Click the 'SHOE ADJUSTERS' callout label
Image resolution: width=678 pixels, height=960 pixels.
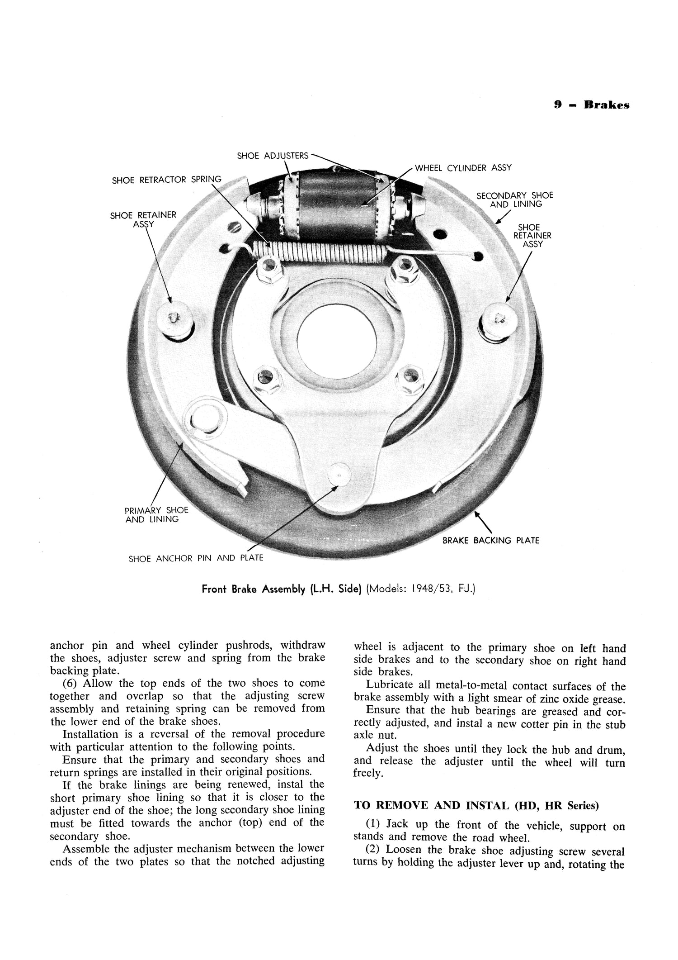coord(273,156)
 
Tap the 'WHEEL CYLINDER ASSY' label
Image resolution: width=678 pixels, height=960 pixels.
coord(463,168)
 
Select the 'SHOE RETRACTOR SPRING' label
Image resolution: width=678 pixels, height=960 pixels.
coord(166,180)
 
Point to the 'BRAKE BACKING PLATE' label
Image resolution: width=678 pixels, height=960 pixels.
coord(490,540)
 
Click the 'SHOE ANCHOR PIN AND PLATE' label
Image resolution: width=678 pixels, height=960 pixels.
coord(196,558)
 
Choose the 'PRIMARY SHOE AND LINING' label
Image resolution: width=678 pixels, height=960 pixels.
coord(156,515)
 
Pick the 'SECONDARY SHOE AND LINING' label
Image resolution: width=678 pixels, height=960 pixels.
coord(515,200)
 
